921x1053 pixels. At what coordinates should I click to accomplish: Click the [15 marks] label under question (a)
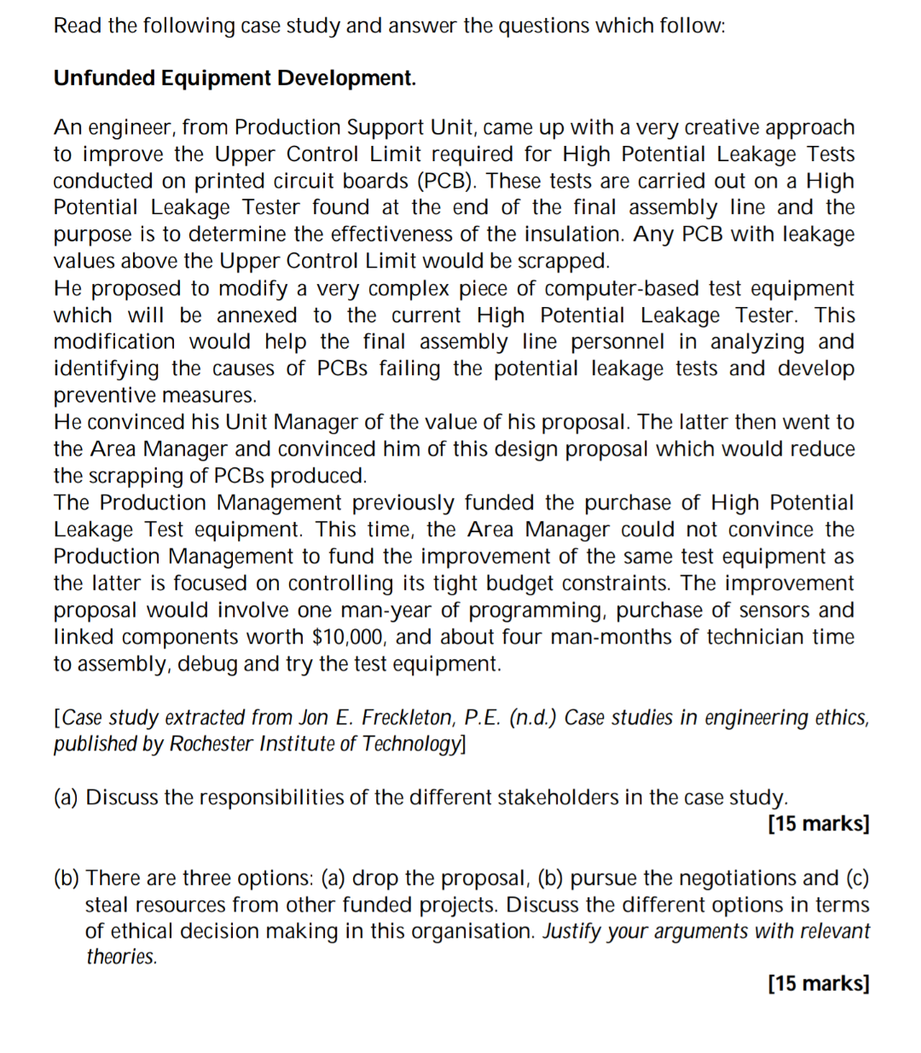point(818,824)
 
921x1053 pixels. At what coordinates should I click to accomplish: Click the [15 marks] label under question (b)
point(818,983)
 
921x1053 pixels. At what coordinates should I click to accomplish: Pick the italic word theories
point(121,957)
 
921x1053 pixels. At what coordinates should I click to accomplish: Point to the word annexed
point(257,315)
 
